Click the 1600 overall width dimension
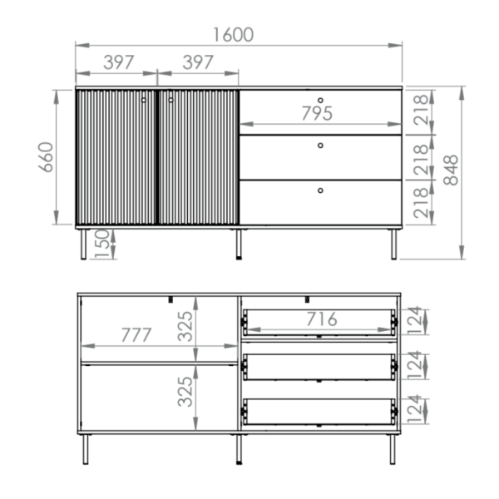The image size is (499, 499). coord(233,35)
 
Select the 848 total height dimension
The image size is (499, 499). coord(451,170)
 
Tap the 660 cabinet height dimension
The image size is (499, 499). coord(46,157)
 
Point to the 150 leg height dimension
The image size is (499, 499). coord(101,244)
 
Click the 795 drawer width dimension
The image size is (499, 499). coord(317,113)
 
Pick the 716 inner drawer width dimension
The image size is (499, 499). coord(321,319)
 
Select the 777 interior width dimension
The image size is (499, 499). coord(136,335)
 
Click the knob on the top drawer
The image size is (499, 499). coord(320,101)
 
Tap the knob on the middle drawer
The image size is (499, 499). coord(320,146)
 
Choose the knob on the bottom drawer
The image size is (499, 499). coord(320,190)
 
